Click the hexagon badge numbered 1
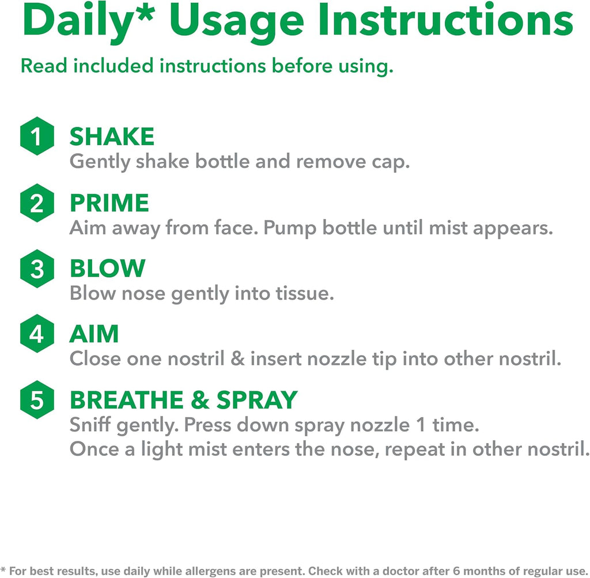click(37, 136)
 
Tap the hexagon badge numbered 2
click(37, 203)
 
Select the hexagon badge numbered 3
click(37, 269)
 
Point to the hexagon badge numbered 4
click(37, 334)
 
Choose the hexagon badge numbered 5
click(37, 399)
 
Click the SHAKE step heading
click(112, 136)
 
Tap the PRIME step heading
click(109, 203)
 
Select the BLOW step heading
click(108, 269)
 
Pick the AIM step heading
click(94, 334)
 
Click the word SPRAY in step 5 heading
click(258, 399)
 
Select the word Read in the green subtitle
click(44, 66)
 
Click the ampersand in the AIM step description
click(237, 358)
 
